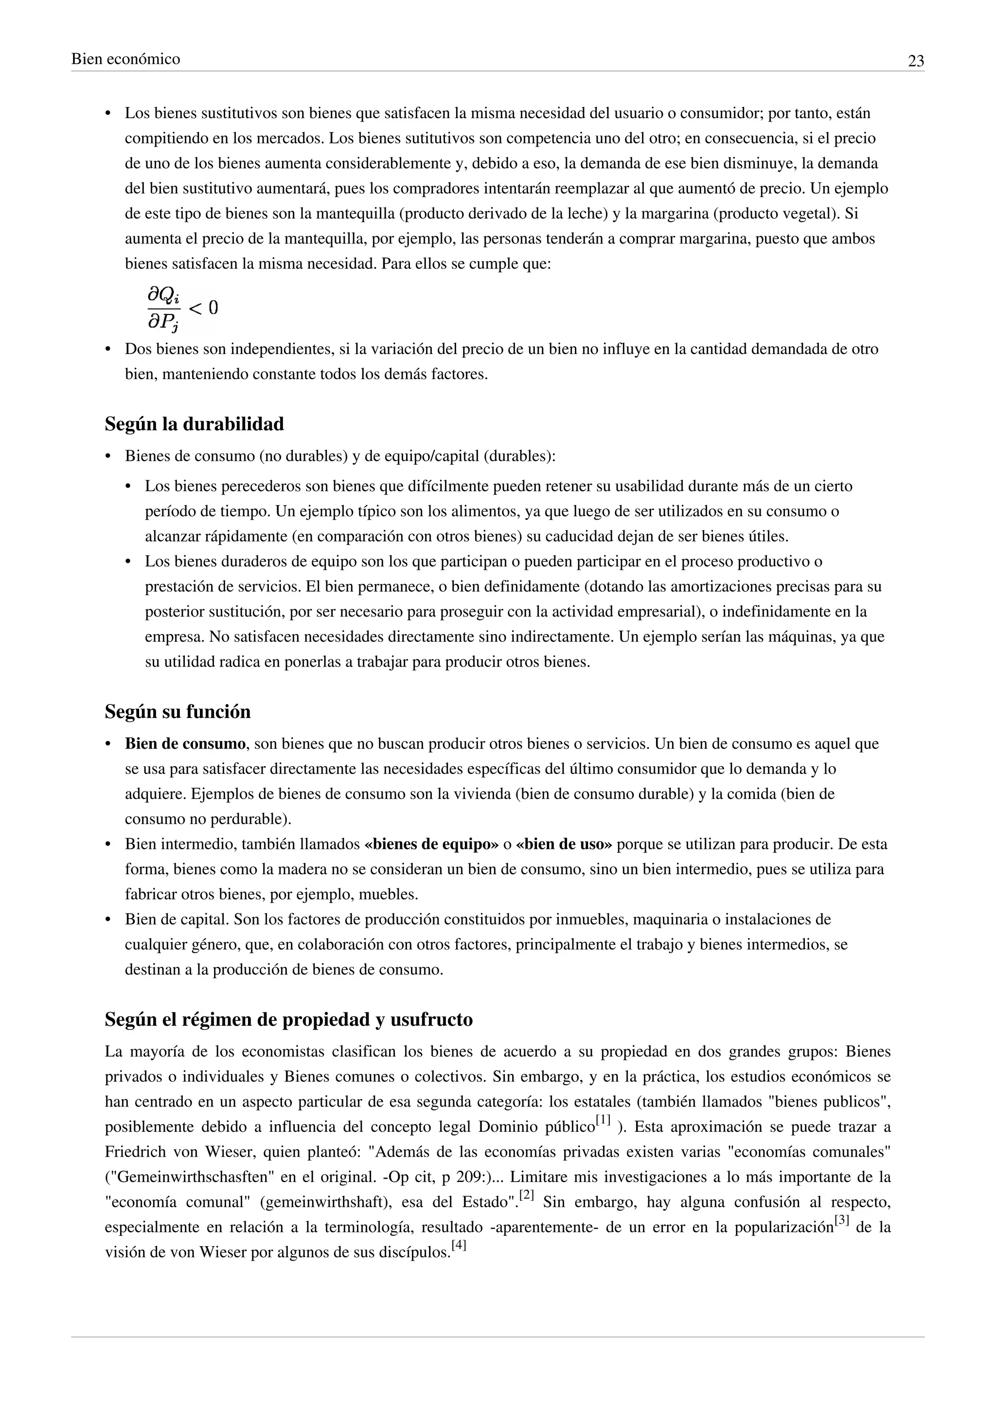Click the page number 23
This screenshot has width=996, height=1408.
[916, 61]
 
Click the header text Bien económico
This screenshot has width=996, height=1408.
[126, 59]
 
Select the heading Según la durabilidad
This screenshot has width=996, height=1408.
[195, 424]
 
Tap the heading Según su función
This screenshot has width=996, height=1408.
[178, 712]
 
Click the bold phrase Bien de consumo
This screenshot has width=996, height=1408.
[185, 744]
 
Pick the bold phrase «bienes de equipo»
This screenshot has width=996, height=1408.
[431, 845]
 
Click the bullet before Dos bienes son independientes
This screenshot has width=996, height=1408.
[109, 350]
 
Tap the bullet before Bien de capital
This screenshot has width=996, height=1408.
[109, 920]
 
